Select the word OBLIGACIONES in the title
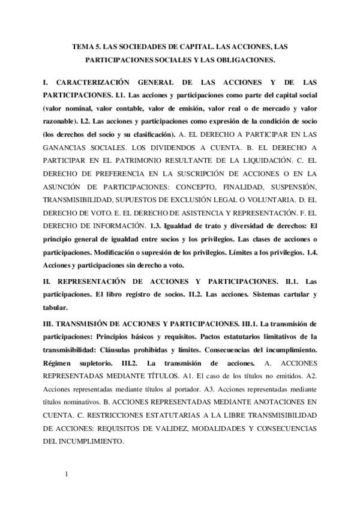(242, 60)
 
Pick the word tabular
(55, 308)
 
